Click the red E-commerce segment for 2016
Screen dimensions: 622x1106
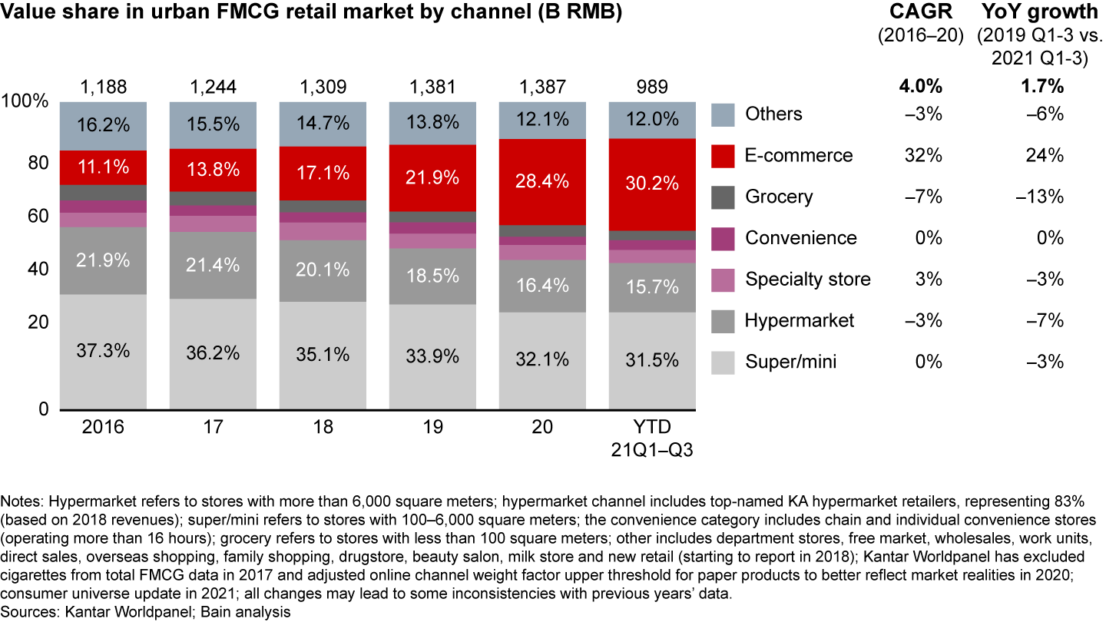pyautogui.click(x=103, y=167)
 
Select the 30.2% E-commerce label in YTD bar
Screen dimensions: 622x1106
pyautogui.click(x=651, y=184)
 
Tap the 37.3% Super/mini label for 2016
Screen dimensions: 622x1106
pyautogui.click(x=103, y=351)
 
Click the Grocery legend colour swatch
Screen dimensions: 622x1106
pyautogui.click(x=724, y=197)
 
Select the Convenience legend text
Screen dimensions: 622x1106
pyautogui.click(x=801, y=237)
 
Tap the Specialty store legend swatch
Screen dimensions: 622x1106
pyautogui.click(x=724, y=279)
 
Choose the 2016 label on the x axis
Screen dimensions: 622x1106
pyautogui.click(x=103, y=428)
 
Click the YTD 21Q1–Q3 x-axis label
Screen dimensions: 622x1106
pyautogui.click(x=651, y=438)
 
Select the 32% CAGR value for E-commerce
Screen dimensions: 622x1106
pyautogui.click(x=924, y=155)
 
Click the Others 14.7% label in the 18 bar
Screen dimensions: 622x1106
pyautogui.click(x=323, y=122)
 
